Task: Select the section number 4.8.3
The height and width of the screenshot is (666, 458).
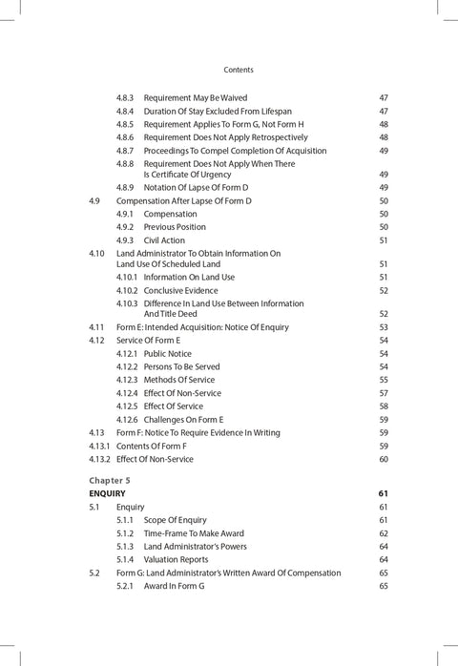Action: coord(125,97)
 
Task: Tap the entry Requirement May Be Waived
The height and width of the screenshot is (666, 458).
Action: coord(196,97)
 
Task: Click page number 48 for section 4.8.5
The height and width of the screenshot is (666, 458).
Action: coord(383,124)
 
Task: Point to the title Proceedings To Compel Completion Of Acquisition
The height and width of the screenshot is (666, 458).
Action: coord(235,151)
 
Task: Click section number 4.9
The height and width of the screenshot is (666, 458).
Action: coord(94,201)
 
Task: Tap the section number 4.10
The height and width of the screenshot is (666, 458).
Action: coord(96,254)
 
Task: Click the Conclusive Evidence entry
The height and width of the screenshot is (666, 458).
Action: coord(180,290)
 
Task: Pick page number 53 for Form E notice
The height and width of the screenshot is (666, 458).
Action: coord(383,327)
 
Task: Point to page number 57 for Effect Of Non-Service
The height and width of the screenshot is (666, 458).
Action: coord(383,393)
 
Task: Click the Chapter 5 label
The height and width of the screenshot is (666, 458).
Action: coord(110,479)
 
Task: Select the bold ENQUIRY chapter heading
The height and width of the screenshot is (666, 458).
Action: coord(107,493)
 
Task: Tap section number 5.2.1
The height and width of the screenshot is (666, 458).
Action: coord(125,586)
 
